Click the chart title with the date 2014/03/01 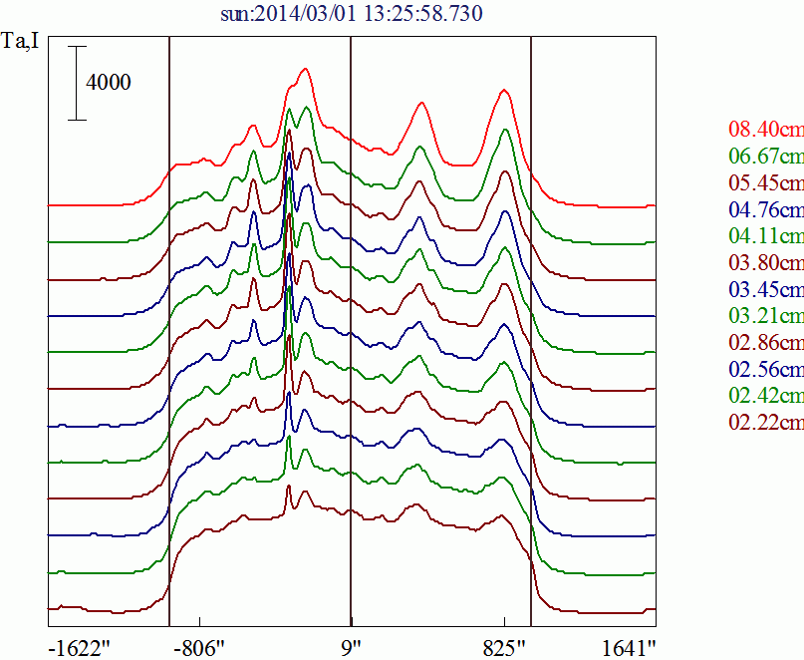pyautogui.click(x=353, y=14)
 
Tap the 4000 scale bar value pyautogui.click(x=108, y=83)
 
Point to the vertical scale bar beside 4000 pyautogui.click(x=78, y=83)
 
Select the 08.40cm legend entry pyautogui.click(x=765, y=130)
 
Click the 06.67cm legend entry pyautogui.click(x=765, y=157)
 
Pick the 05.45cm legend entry pyautogui.click(x=765, y=183)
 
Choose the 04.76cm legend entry pyautogui.click(x=765, y=210)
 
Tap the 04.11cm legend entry pyautogui.click(x=765, y=237)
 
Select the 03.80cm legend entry pyautogui.click(x=765, y=264)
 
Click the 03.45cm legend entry pyautogui.click(x=765, y=290)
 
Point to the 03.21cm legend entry pyautogui.click(x=765, y=317)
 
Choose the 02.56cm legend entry pyautogui.click(x=765, y=370)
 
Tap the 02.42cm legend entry pyautogui.click(x=765, y=397)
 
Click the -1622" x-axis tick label pyautogui.click(x=80, y=647)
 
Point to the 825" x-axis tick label pyautogui.click(x=505, y=647)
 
